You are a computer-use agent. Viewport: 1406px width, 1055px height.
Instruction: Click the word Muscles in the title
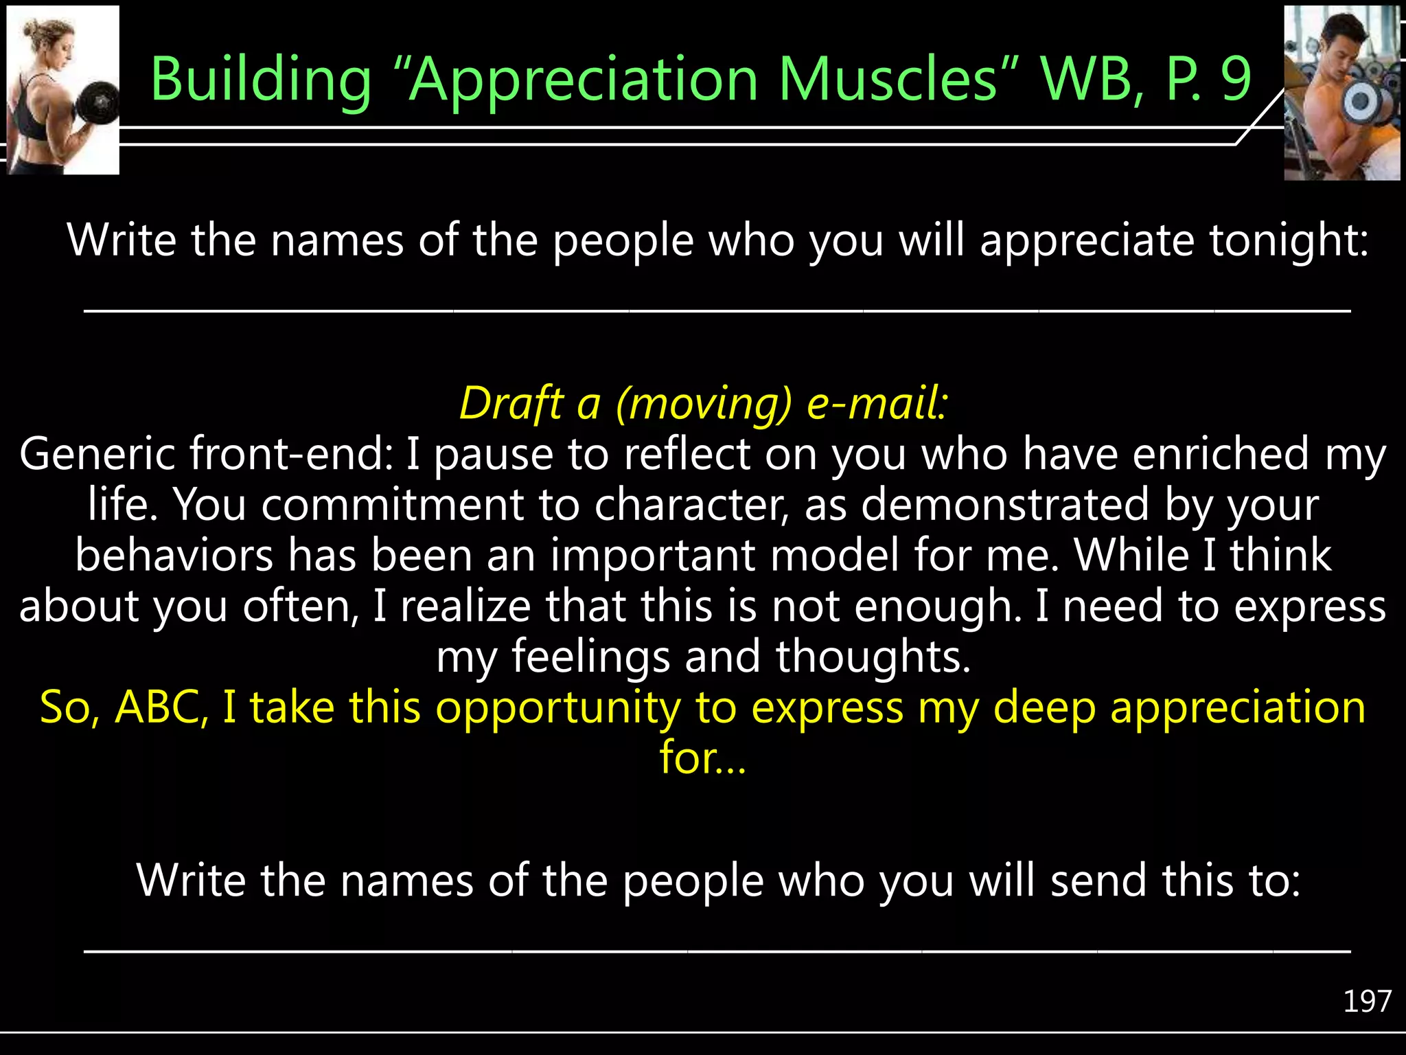[x=888, y=80]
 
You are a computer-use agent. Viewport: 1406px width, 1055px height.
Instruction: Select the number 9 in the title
[x=1235, y=80]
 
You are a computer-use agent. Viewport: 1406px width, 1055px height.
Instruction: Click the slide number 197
[x=1367, y=1001]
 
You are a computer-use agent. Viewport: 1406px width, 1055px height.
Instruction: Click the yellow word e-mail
[x=877, y=403]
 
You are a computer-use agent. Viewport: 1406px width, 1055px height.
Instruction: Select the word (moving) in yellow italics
[x=704, y=405]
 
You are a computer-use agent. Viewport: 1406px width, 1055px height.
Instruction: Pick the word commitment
[x=392, y=505]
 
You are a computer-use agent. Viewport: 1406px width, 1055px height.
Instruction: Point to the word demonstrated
[x=1005, y=505]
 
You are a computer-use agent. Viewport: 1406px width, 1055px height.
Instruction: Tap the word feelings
[x=590, y=657]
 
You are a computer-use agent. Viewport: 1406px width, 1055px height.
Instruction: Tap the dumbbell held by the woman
[x=98, y=104]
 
